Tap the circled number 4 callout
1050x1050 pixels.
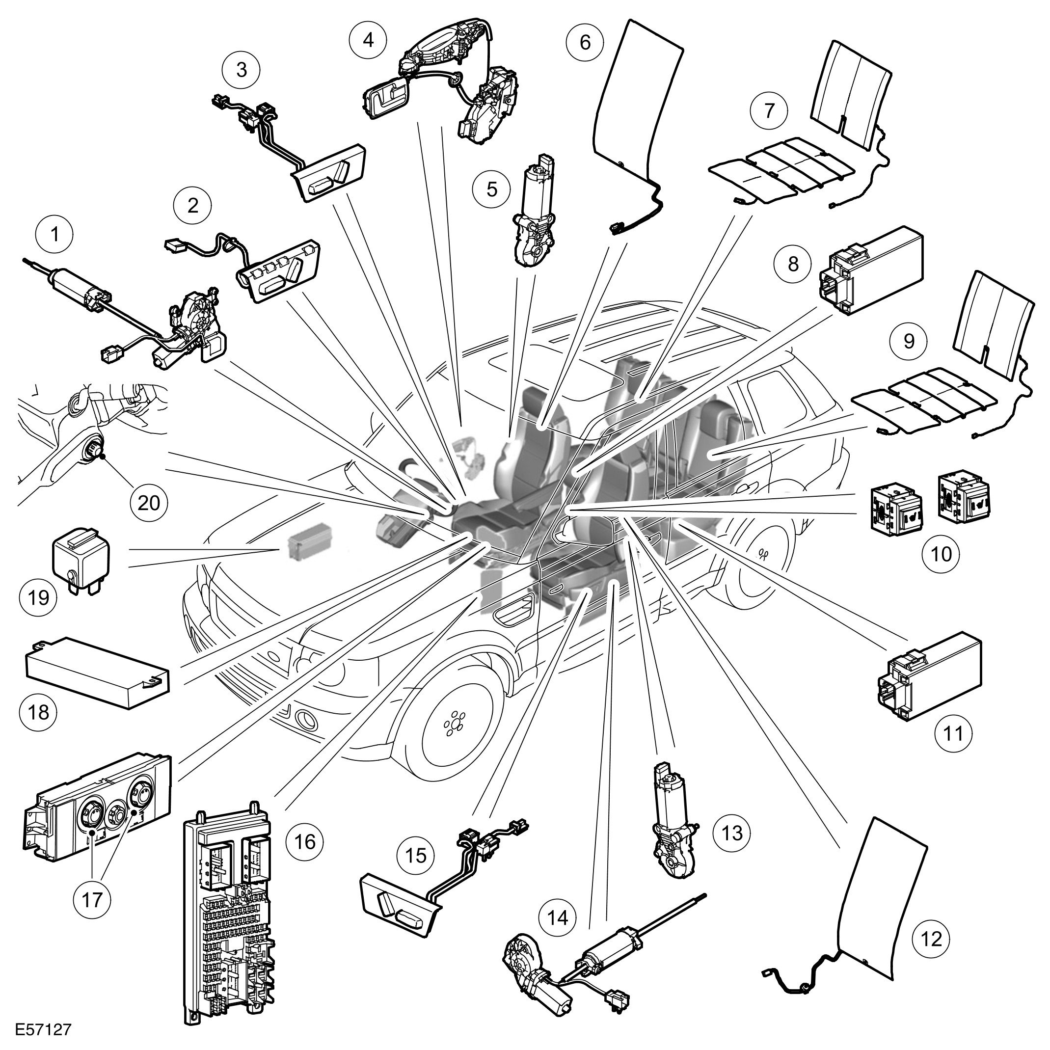(x=369, y=40)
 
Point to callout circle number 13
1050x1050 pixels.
(x=732, y=832)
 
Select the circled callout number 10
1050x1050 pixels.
(x=942, y=554)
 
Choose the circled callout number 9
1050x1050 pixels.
(x=909, y=341)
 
